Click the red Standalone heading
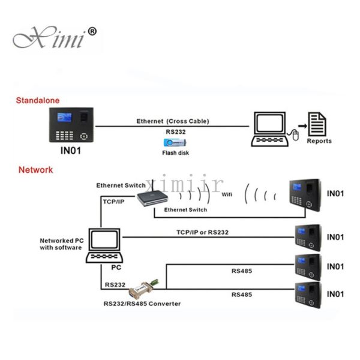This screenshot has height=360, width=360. [38, 100]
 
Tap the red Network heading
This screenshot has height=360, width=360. [35, 170]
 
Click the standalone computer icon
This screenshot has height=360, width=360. [270, 127]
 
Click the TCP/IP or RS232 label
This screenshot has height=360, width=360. [202, 232]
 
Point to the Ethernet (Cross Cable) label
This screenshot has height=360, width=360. [172, 121]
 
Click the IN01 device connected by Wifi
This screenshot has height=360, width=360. [305, 194]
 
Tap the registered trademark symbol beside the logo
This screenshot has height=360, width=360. [92, 31]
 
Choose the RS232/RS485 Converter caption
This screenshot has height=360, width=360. [142, 304]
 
